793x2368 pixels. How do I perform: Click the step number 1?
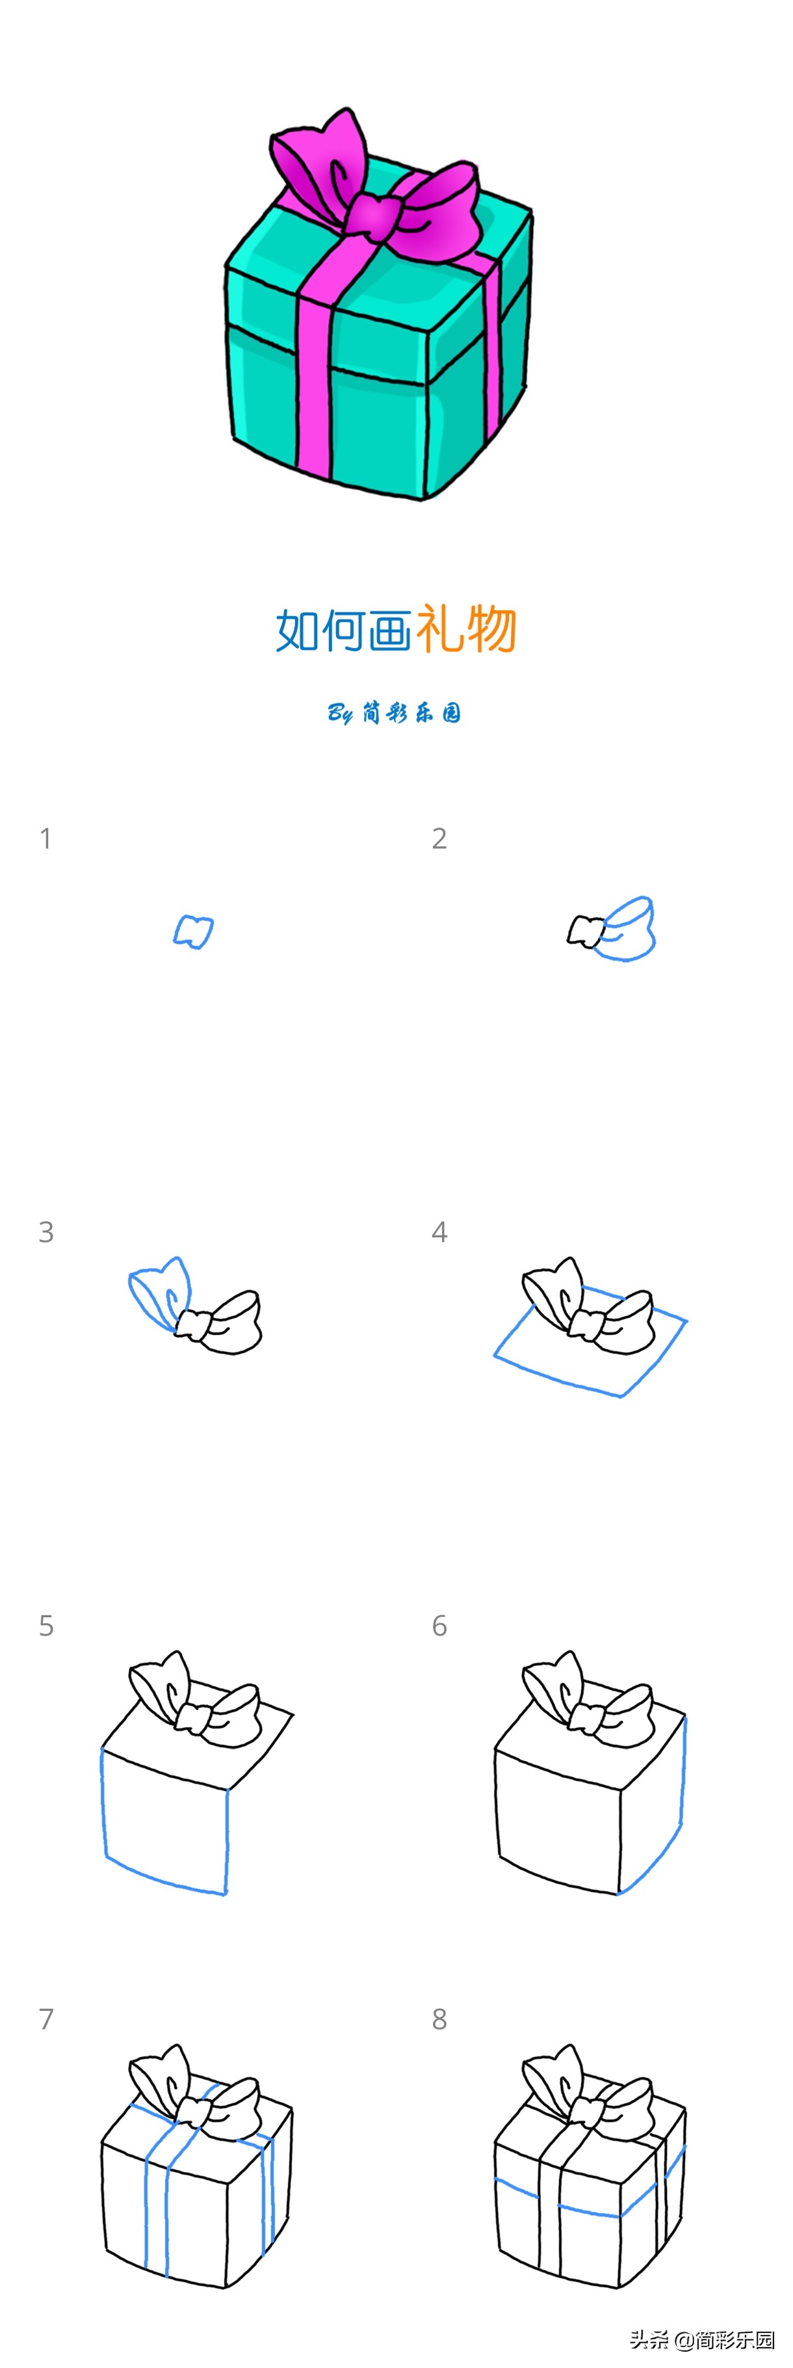click(45, 839)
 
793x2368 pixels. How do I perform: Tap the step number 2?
click(439, 839)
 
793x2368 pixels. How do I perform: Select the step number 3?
click(46, 1231)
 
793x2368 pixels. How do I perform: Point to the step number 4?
click(439, 1231)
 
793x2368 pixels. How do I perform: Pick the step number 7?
click(46, 2019)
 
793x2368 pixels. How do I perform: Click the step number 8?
click(439, 2019)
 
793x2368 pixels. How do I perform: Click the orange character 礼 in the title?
click(440, 630)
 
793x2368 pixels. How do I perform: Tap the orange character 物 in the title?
click(491, 630)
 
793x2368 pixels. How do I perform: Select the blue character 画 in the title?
click(391, 630)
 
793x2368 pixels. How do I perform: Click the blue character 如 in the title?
click(298, 630)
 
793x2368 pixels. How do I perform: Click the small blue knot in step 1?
click(193, 931)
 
